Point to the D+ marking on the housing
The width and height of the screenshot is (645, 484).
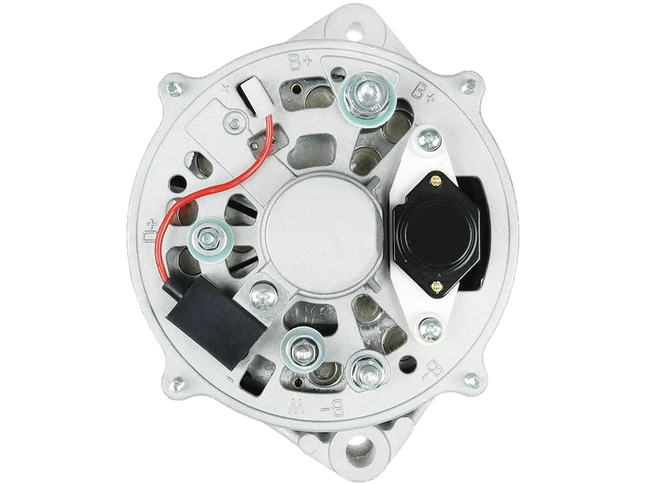coord(150,232)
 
